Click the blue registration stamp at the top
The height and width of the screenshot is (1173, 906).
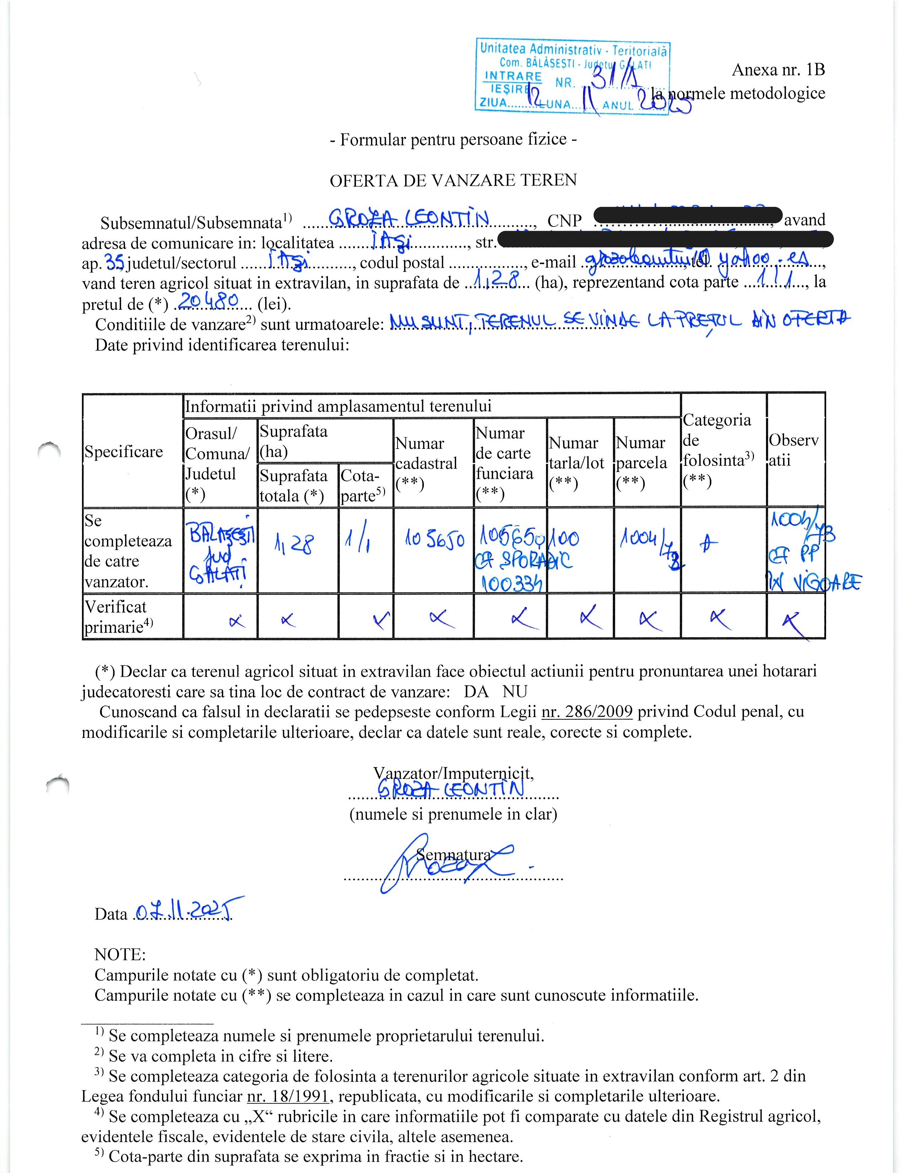pos(572,76)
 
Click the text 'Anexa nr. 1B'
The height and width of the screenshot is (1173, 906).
pos(778,70)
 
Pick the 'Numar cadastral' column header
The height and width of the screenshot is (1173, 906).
pos(427,463)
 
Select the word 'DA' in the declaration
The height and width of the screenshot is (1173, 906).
pos(476,691)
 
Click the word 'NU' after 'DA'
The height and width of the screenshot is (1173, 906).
pos(515,691)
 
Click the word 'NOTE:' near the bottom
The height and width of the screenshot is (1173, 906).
pos(120,954)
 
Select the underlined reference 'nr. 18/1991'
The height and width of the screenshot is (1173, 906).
pos(287,1096)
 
